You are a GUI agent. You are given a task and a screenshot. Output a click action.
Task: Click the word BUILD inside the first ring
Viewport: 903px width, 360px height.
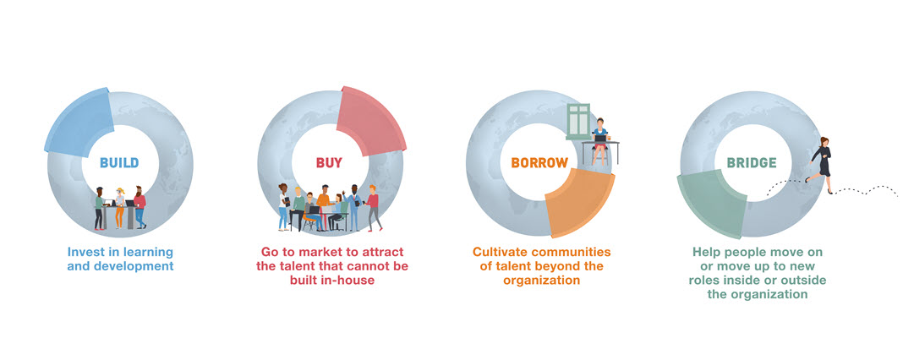pos(119,162)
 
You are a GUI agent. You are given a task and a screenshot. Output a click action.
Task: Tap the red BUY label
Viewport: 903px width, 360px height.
pos(329,162)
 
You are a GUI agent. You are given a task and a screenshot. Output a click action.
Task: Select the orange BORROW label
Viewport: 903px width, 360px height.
pos(539,162)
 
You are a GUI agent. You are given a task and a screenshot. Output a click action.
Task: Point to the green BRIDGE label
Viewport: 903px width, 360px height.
pos(752,163)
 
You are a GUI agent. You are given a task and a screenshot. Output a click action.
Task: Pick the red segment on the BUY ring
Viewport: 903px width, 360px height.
pos(371,122)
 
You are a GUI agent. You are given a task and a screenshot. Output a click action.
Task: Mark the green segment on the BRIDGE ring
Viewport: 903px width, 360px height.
pos(712,204)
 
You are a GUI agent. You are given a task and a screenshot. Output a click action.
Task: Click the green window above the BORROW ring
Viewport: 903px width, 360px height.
pos(578,122)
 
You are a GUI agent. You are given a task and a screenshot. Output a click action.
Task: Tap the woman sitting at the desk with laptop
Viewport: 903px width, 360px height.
pos(600,140)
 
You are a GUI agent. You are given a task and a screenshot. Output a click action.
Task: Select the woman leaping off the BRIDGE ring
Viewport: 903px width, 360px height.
pos(820,164)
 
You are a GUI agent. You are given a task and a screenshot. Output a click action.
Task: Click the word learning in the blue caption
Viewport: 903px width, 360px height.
pos(149,253)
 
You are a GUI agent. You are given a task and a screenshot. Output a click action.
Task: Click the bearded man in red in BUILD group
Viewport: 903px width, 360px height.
pos(140,207)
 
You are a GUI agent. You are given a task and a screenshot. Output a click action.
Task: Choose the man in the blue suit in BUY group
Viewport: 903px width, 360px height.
pos(353,207)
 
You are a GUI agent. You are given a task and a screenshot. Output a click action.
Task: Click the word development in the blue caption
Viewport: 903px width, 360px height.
pos(136,267)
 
